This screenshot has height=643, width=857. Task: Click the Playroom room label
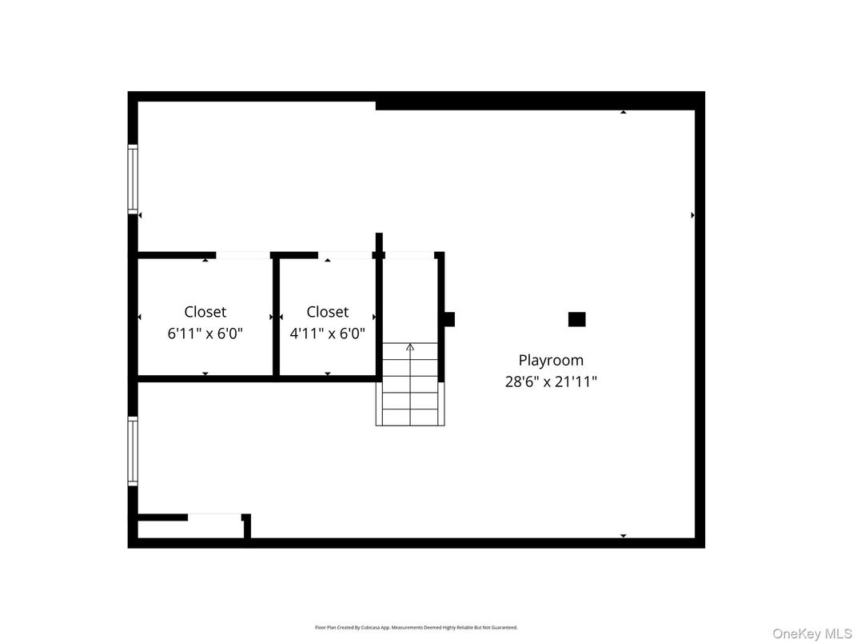(551, 360)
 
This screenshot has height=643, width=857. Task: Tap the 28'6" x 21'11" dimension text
(551, 381)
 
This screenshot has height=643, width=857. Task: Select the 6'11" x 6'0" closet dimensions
(205, 333)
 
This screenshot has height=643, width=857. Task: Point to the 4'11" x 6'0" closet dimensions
(327, 333)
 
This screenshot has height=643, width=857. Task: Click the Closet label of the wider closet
(205, 312)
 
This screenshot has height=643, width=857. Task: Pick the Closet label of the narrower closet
(327, 312)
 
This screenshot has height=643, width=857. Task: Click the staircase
(410, 384)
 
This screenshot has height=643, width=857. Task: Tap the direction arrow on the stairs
(410, 347)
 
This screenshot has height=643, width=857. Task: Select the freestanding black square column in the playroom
(576, 319)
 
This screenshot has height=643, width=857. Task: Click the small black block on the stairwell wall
(448, 319)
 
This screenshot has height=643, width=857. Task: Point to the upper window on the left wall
(133, 178)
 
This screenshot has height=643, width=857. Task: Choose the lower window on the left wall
(133, 451)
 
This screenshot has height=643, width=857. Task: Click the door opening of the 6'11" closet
(243, 255)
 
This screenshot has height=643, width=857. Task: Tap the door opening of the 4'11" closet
(346, 255)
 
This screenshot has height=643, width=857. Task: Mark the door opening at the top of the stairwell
(409, 255)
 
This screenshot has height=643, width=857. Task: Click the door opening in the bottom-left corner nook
(214, 517)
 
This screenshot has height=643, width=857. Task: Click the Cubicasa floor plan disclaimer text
(416, 627)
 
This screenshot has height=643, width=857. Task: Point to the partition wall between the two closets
(276, 316)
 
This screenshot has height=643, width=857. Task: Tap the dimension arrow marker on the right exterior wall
(692, 215)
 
